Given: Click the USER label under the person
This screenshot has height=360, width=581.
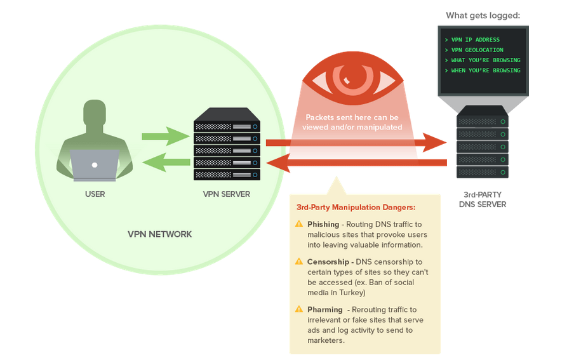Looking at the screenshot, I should [x=95, y=194].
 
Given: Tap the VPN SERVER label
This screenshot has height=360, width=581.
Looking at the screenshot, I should [x=226, y=194].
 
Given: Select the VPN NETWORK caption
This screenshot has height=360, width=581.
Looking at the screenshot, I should [x=159, y=234].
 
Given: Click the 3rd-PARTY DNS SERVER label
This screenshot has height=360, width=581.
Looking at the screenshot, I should [x=483, y=199].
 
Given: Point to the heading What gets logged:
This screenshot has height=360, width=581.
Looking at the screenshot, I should [x=483, y=15].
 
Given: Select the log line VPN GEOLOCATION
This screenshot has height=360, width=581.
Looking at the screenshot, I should [x=477, y=50].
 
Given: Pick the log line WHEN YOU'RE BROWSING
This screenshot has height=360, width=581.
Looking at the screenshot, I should [x=486, y=70].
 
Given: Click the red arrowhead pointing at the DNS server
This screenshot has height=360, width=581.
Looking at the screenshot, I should [x=435, y=142].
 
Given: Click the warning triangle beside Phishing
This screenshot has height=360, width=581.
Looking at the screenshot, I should [x=299, y=224].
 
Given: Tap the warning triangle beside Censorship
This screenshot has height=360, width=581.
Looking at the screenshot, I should [x=299, y=262].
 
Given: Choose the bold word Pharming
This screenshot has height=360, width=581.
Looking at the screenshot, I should [x=325, y=309].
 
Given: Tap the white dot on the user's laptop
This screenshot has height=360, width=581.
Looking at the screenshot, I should [x=95, y=165].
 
